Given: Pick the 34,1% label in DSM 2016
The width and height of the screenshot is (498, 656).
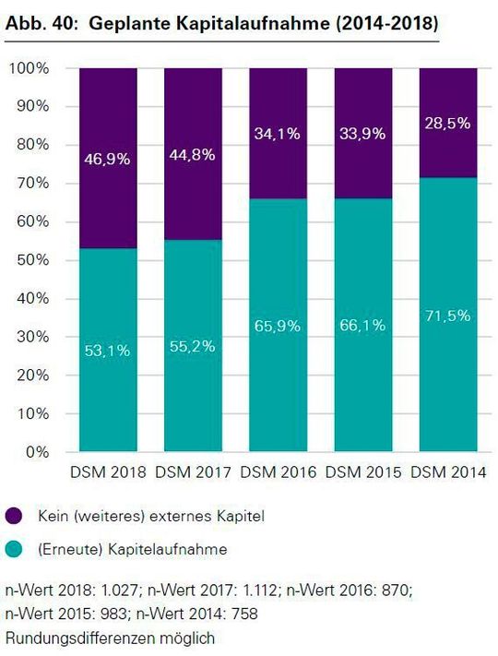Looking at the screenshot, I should coord(279,134).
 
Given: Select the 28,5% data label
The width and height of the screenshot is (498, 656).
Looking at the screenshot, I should coord(448,123).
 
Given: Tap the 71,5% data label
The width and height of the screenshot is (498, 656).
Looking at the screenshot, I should coord(448,316).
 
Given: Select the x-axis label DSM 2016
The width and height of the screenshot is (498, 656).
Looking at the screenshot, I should coord(279,472).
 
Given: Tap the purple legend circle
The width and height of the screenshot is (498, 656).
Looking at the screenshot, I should coord(15,517).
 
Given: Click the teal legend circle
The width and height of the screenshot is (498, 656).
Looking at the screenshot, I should coord(15,550).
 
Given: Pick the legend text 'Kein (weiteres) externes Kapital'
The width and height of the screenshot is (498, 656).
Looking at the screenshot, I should coord(150,517).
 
